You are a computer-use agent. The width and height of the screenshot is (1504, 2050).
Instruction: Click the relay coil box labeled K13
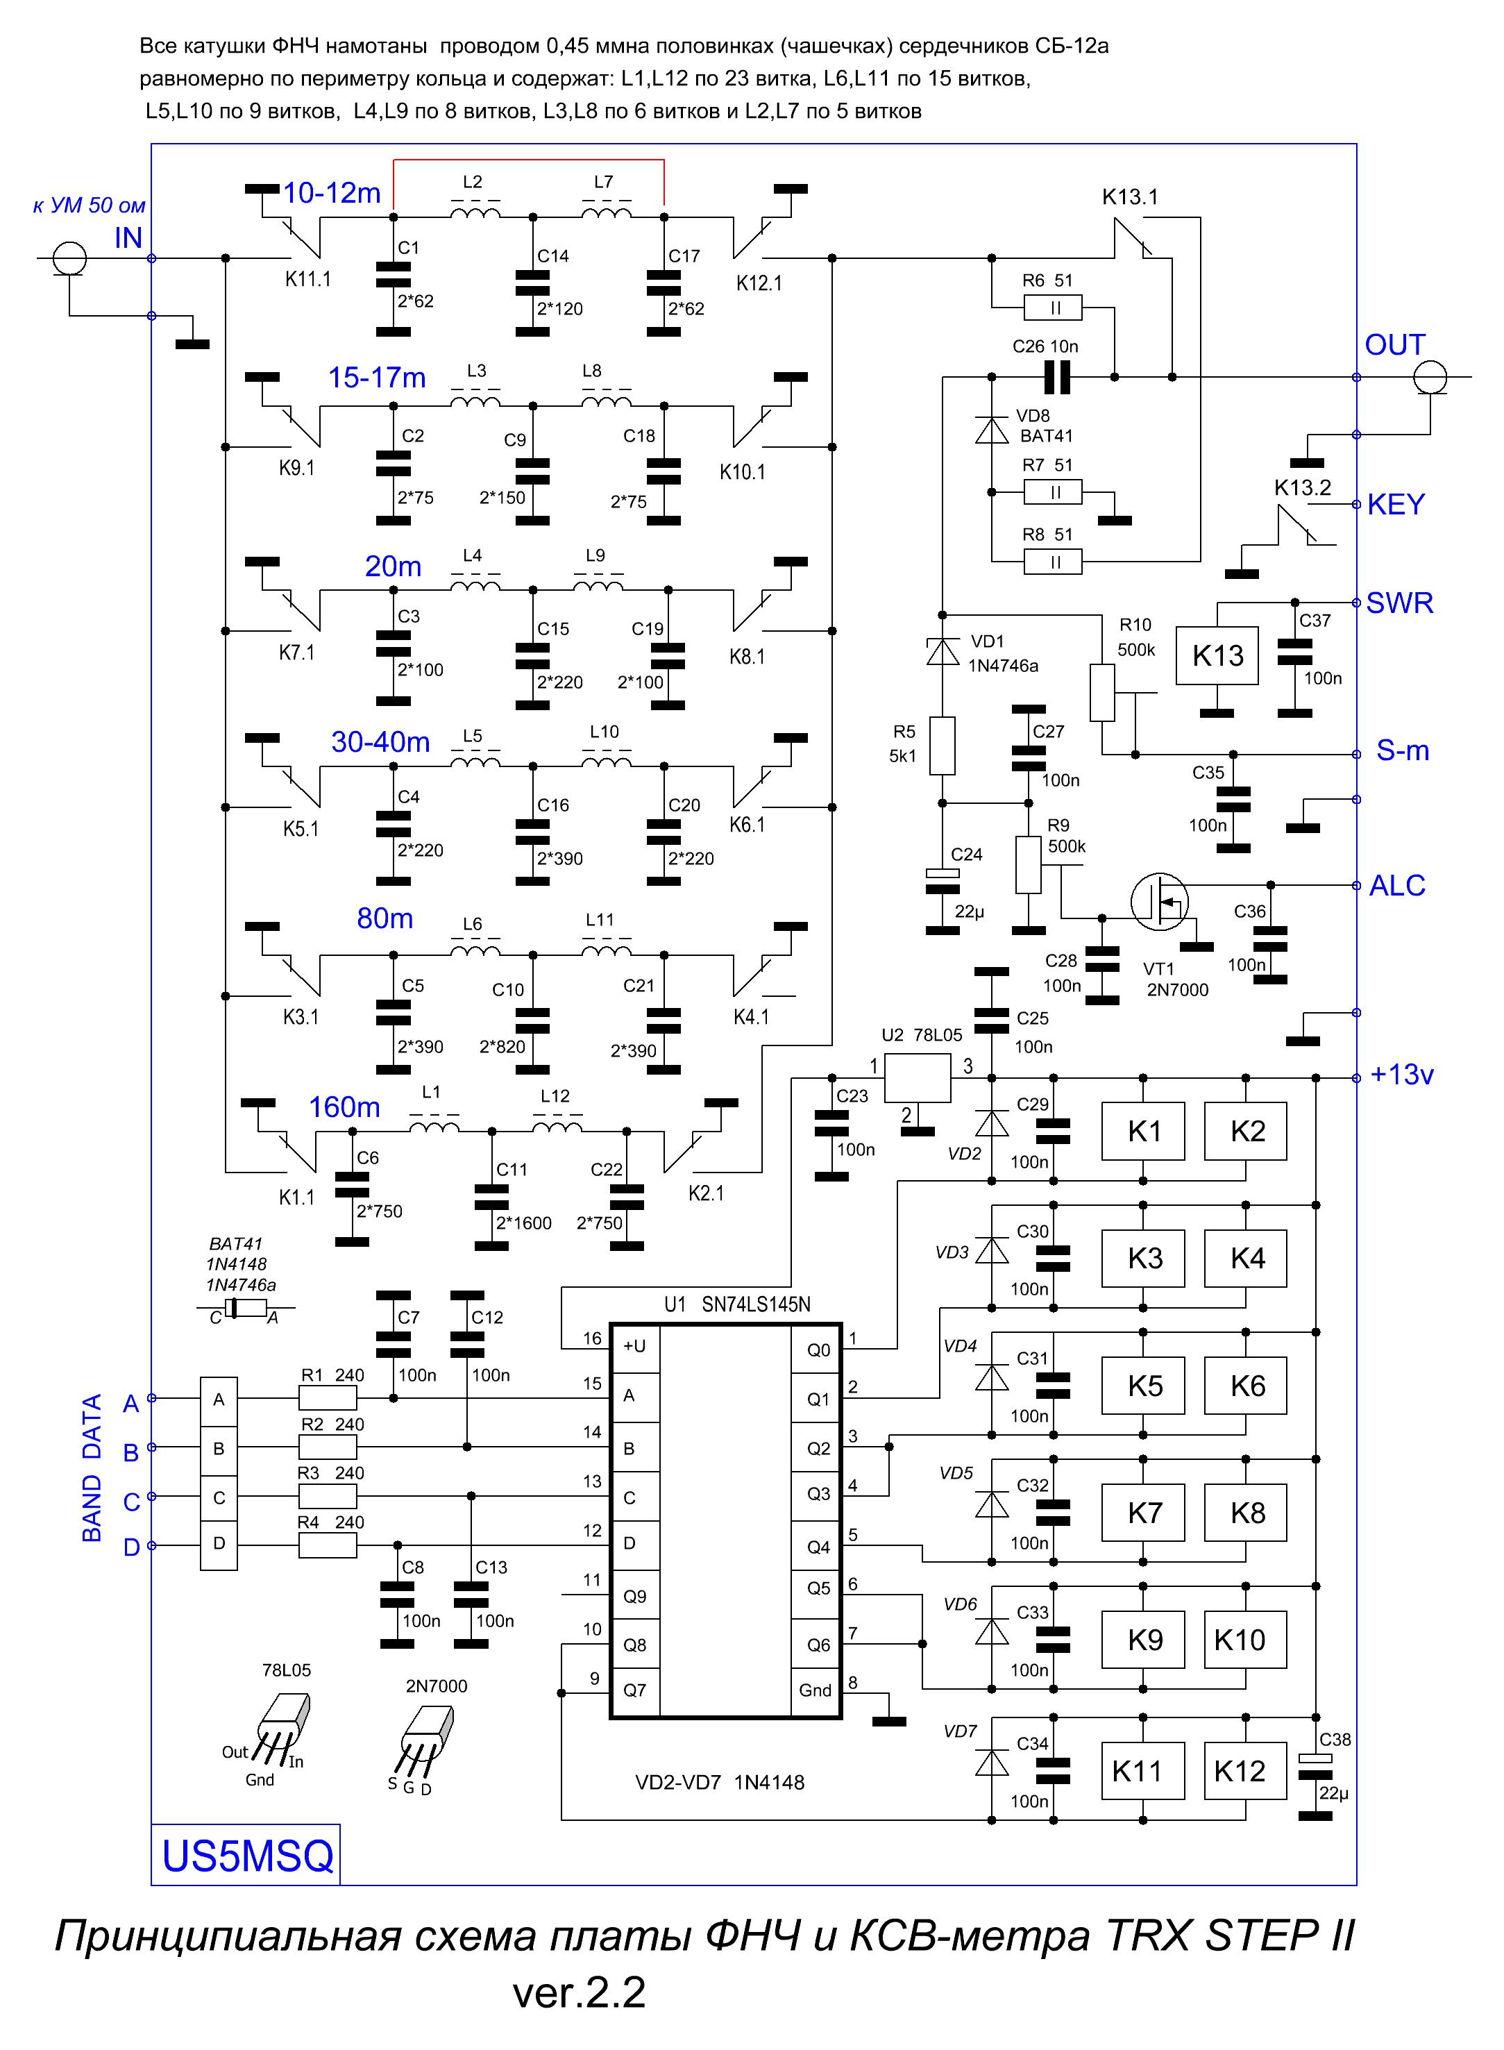[x=1217, y=656]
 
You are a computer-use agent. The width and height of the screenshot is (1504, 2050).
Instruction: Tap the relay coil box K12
[x=1245, y=1772]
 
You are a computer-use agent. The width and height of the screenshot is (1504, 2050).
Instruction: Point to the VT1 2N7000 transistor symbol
[x=1160, y=902]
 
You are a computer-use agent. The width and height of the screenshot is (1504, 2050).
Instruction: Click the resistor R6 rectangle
[x=1054, y=308]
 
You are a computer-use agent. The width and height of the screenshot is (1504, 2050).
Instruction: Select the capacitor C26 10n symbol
[x=1056, y=377]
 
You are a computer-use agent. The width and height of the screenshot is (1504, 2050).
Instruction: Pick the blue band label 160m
[x=344, y=1107]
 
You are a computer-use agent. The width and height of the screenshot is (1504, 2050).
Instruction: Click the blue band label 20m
[x=394, y=566]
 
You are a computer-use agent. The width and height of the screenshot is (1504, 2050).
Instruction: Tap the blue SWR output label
[x=1399, y=603]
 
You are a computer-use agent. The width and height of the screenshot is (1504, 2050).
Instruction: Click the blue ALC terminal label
[x=1398, y=885]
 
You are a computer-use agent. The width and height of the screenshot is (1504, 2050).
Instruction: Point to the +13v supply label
[x=1402, y=1075]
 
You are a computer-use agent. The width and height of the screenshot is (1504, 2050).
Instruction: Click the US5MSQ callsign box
[x=246, y=1854]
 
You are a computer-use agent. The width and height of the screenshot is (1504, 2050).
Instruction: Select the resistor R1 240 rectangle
[x=328, y=1398]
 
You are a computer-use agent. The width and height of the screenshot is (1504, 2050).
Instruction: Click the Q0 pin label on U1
[x=818, y=1350]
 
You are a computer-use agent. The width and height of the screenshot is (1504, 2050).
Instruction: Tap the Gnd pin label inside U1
[x=815, y=1690]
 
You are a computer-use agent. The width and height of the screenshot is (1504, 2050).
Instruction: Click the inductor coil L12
[x=557, y=1127]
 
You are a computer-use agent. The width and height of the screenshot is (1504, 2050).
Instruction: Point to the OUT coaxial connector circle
[x=1430, y=377]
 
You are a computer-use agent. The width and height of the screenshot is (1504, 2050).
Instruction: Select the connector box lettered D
[x=219, y=1545]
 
